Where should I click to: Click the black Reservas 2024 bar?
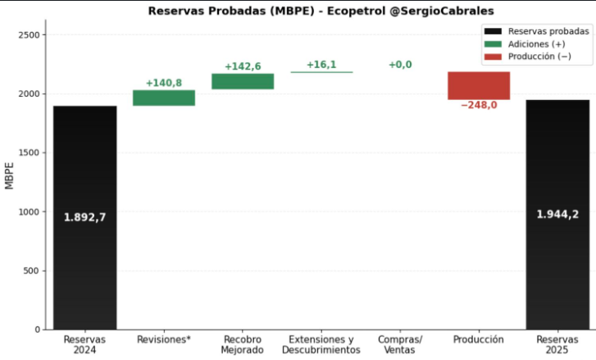click(x=85, y=271)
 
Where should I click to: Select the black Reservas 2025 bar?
click(x=557, y=271)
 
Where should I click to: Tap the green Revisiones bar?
click(x=164, y=98)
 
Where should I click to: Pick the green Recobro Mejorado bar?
click(x=243, y=81)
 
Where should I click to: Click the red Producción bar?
click(x=479, y=85)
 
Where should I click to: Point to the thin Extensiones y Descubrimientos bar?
click(x=321, y=72)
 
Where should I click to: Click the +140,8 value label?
click(x=164, y=83)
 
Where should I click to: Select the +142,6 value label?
click(x=243, y=66)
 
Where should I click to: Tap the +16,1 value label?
click(x=321, y=64)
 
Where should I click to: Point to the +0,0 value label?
click(x=400, y=64)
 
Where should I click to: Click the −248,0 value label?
click(x=479, y=105)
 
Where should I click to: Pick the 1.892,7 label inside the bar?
click(x=85, y=217)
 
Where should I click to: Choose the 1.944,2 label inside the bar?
click(x=557, y=214)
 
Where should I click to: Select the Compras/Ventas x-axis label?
click(x=400, y=344)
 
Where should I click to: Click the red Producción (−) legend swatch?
click(x=493, y=57)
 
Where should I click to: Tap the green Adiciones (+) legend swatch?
click(x=493, y=43)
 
